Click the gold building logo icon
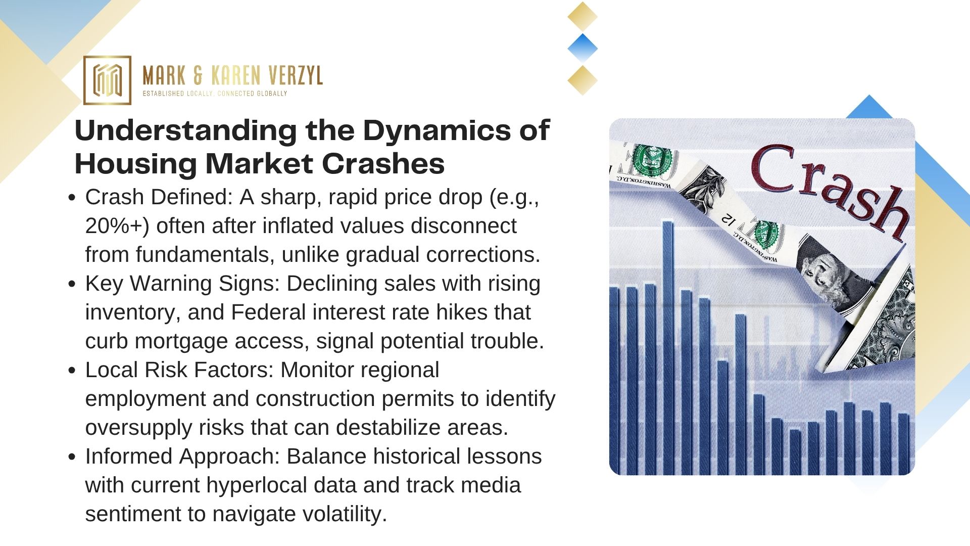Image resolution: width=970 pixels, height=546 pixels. point(107,80)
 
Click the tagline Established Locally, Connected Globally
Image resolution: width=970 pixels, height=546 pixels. point(215,94)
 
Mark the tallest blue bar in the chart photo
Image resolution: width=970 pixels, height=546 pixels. point(667,348)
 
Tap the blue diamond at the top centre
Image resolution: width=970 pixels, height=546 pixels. point(583,49)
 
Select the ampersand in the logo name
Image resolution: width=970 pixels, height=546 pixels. point(198,76)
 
